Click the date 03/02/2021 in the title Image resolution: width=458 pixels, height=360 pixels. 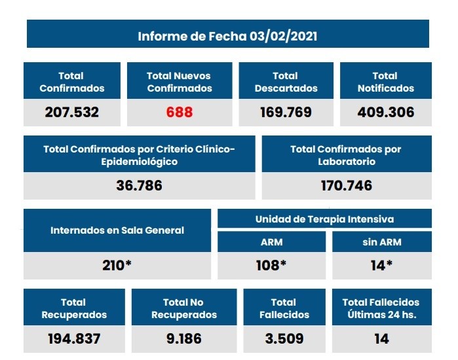[283, 35]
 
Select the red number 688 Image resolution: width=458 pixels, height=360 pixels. [179, 112]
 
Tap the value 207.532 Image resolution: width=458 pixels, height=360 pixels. [71, 112]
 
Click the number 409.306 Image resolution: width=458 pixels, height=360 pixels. [385, 112]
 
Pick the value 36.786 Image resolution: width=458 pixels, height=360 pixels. [139, 185]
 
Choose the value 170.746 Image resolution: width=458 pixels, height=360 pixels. [346, 185]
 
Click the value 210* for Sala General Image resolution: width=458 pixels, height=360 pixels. [117, 266]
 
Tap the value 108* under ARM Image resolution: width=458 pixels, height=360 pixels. [271, 266]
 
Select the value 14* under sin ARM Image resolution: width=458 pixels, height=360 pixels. [381, 266]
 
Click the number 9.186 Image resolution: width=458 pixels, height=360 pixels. [183, 338]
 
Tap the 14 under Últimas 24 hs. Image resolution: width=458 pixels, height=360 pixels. [381, 338]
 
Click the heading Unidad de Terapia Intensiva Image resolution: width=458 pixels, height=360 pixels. [324, 219]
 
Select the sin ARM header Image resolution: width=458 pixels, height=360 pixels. [381, 242]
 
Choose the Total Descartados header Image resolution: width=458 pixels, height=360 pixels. [285, 82]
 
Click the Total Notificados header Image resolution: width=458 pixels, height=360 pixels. [385, 82]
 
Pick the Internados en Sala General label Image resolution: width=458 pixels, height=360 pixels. [117, 230]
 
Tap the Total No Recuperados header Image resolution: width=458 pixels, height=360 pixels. [183, 308]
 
